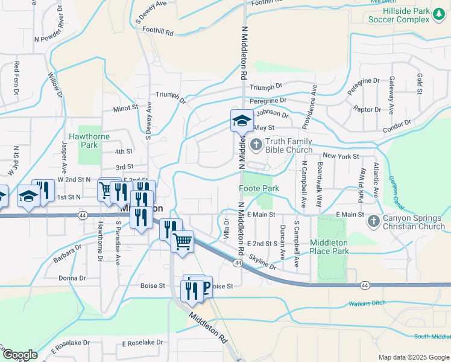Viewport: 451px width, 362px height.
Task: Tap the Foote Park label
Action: [259, 188]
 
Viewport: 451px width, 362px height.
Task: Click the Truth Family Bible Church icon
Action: [256, 144]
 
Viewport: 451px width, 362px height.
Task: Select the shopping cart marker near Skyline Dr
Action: [182, 243]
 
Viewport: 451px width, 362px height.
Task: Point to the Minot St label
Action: [125, 109]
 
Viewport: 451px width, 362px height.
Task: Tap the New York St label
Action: [337, 156]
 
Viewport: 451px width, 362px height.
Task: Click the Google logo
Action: [19, 355]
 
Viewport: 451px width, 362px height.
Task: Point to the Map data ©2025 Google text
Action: [413, 357]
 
